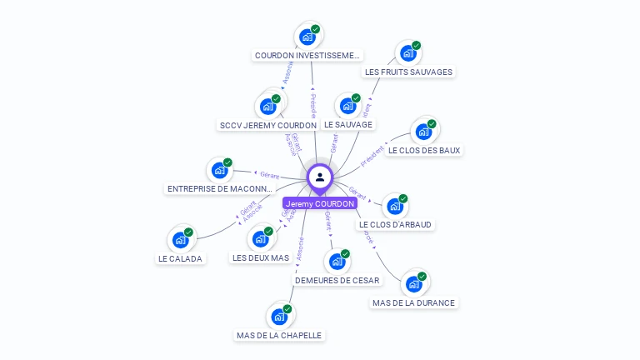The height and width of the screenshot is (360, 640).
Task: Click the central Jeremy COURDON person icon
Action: click(x=320, y=177)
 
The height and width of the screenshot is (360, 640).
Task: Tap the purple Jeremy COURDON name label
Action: click(x=320, y=203)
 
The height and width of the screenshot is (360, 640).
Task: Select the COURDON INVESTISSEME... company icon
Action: click(x=307, y=37)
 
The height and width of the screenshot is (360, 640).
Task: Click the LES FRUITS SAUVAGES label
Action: click(x=408, y=72)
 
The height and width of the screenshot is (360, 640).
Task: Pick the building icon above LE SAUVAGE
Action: click(x=347, y=106)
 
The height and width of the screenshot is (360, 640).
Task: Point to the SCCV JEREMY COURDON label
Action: click(x=267, y=125)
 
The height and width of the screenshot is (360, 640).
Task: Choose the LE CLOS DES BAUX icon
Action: click(x=423, y=132)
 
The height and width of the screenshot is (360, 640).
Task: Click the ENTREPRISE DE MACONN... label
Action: click(x=220, y=189)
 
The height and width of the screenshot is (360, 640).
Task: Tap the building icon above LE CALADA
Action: click(x=180, y=240)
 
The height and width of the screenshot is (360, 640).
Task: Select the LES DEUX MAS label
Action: click(x=261, y=257)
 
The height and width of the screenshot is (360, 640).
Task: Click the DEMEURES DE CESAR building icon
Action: click(x=337, y=262)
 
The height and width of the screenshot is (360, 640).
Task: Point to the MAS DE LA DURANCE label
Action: click(x=413, y=302)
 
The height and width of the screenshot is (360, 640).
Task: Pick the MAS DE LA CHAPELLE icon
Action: click(x=278, y=317)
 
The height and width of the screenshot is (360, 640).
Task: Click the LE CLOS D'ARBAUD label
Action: click(x=396, y=224)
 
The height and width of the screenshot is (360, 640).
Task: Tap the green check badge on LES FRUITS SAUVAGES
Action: click(x=417, y=45)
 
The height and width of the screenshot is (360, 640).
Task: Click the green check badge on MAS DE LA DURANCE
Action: click(x=422, y=276)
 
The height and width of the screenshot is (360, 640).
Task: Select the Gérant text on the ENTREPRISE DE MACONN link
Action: click(x=269, y=175)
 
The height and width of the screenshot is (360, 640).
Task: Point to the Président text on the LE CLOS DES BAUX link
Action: click(x=373, y=154)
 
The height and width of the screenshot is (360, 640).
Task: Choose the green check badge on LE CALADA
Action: click(x=188, y=232)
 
